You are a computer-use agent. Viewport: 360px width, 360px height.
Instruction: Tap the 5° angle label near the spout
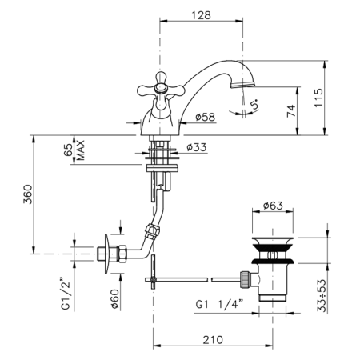coord(254,102)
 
